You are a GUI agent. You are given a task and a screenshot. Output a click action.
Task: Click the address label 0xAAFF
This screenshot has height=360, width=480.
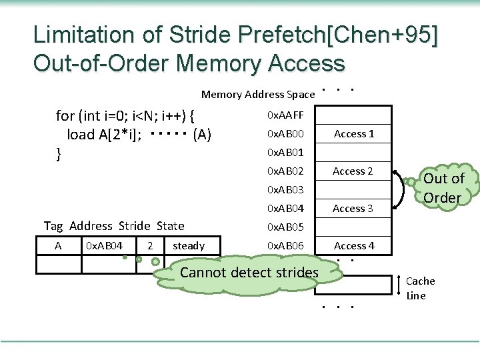point(285,115)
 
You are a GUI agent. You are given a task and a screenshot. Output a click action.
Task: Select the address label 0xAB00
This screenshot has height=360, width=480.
point(285,134)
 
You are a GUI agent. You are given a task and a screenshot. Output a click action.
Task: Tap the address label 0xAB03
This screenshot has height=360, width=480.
point(285,190)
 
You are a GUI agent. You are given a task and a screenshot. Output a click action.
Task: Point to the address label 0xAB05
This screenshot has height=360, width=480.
point(285,227)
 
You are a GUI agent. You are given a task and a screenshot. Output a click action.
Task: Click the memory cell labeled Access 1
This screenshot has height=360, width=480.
point(354,134)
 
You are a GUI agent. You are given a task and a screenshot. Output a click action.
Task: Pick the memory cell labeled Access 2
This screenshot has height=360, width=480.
point(354,171)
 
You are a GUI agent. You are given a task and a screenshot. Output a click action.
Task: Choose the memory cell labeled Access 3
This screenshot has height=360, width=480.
point(354,209)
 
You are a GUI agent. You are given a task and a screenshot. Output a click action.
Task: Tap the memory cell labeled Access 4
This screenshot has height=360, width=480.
point(354,246)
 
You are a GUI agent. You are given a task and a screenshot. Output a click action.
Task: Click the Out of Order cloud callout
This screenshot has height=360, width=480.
point(443,188)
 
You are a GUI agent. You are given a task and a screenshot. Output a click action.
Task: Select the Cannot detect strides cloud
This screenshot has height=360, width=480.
point(249,272)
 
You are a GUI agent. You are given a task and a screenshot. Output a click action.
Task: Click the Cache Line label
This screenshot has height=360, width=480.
point(420,288)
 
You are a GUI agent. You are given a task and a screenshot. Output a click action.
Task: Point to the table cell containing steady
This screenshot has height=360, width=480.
point(189,246)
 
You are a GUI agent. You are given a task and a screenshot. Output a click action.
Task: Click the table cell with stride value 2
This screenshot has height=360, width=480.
point(151,246)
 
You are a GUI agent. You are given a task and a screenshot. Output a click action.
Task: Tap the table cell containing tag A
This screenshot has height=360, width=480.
point(58,246)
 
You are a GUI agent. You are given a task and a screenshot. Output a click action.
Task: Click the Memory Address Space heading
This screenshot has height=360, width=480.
point(249,94)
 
